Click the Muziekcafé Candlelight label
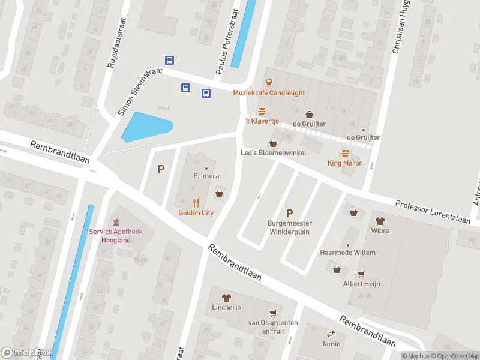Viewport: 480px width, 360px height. tap(269, 93)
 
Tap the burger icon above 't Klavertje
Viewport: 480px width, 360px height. tap(262, 112)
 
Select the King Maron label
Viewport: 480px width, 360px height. tap(344, 163)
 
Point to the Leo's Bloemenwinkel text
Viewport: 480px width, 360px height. tap(274, 153)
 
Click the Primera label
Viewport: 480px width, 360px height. tap(206, 176)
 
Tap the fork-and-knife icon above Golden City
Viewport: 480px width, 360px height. tap(196, 203)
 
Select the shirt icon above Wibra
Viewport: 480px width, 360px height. tap(380, 221)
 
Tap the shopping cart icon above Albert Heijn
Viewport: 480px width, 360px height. tap(361, 274)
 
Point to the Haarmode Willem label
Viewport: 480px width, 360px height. tap(347, 253)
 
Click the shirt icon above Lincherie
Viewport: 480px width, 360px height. tap(226, 297)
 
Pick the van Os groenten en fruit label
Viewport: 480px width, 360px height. tap(273, 326)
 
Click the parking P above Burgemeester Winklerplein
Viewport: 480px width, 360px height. tap(290, 213)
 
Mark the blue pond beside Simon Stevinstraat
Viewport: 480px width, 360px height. tap(146, 127)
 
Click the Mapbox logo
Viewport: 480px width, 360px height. tap(26, 353)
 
